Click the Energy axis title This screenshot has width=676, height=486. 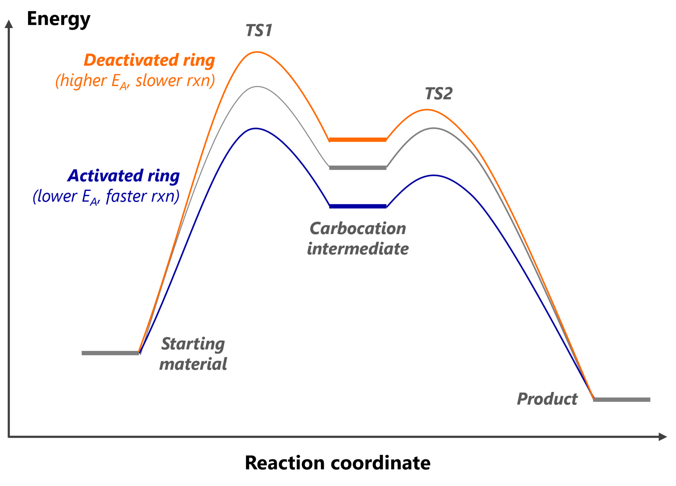pos(58,19)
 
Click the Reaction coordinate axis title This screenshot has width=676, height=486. pos(337,463)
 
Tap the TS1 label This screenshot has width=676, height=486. pos(259,30)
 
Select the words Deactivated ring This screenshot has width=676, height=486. pos(149,60)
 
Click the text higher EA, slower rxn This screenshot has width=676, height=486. pos(135,81)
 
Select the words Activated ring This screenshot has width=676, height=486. pos(123,176)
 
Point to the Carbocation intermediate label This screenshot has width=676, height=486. pos(358,238)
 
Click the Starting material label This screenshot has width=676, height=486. pos(193,354)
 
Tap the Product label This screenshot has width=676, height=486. pos(547,399)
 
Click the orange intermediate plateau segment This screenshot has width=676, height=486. pos(358,140)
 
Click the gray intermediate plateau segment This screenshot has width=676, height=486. pos(358,168)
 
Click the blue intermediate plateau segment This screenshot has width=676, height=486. pos(358,206)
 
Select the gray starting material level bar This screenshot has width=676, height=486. pos(111,353)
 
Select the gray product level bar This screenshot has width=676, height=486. pos(622,399)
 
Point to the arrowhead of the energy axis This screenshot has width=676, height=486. pos(9,24)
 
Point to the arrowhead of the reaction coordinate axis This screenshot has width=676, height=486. pos(663,437)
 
